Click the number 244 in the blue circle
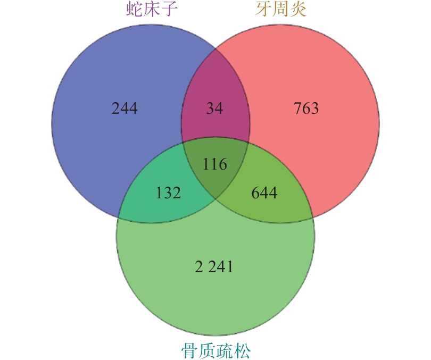(x=125, y=108)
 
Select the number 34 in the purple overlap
(x=214, y=108)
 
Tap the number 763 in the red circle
(x=306, y=108)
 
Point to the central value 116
(x=215, y=164)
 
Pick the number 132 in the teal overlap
(x=168, y=192)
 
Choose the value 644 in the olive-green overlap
(x=264, y=192)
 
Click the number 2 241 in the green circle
(x=214, y=266)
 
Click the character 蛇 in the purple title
(x=135, y=9)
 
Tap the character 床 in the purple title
(x=152, y=9)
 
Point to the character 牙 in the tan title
(x=263, y=9)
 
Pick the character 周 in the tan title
(x=280, y=9)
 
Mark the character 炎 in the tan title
(x=297, y=9)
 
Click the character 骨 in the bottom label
(x=189, y=350)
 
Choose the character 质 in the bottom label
(x=207, y=350)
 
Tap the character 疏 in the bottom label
(x=225, y=350)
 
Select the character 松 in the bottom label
(x=242, y=350)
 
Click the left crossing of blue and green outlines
(x=119, y=217)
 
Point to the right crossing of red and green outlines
(x=312, y=217)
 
